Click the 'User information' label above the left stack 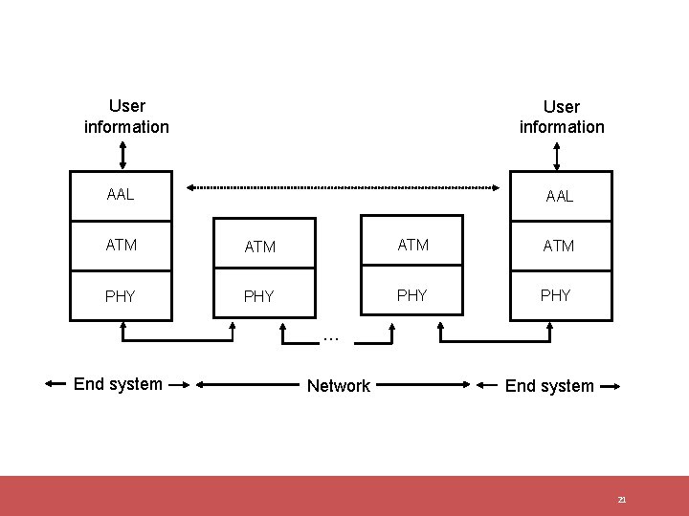pyautogui.click(x=126, y=116)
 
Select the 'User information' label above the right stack pyautogui.click(x=562, y=117)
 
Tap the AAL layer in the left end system pyautogui.click(x=121, y=195)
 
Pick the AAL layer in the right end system pyautogui.click(x=560, y=196)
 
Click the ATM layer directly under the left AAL pyautogui.click(x=121, y=245)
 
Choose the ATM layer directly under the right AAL pyautogui.click(x=559, y=246)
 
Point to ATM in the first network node pyautogui.click(x=259, y=247)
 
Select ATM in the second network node pyautogui.click(x=412, y=245)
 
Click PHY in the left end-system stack pyautogui.click(x=121, y=296)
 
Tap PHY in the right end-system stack pyautogui.click(x=556, y=295)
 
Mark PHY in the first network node pyautogui.click(x=258, y=296)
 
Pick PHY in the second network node pyautogui.click(x=411, y=295)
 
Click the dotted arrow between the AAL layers pyautogui.click(x=344, y=187)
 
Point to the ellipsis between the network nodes pyautogui.click(x=331, y=336)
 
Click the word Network pyautogui.click(x=338, y=386)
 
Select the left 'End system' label pyautogui.click(x=118, y=384)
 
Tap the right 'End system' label pyautogui.click(x=549, y=386)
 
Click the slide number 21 pyautogui.click(x=621, y=500)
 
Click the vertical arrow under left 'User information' pyautogui.click(x=122, y=155)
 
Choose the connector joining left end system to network pyautogui.click(x=178, y=339)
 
